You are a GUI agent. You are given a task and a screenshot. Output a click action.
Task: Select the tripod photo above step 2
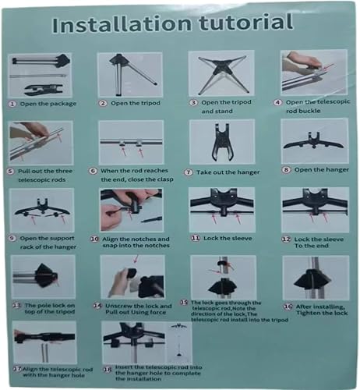129,74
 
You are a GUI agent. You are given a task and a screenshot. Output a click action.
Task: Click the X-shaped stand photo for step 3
219,74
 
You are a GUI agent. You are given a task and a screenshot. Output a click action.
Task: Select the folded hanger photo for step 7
219,141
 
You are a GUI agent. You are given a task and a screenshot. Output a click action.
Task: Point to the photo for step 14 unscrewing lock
129,276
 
